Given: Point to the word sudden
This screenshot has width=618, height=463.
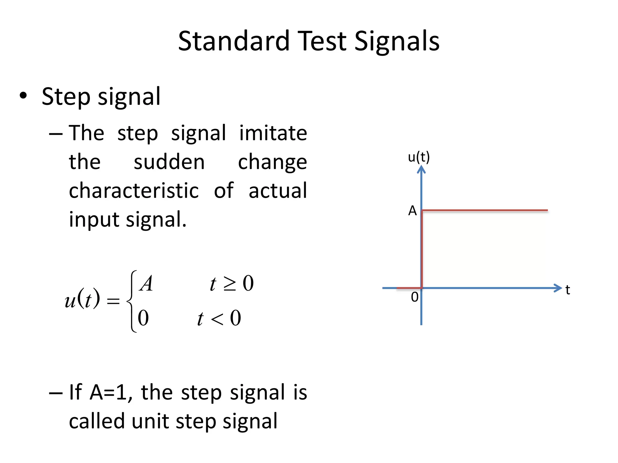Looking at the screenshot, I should click(x=169, y=162).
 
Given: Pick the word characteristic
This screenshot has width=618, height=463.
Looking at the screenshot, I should click(x=134, y=191).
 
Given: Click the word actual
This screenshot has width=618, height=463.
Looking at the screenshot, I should click(x=278, y=191).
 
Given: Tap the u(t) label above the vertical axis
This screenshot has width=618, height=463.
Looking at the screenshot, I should click(x=419, y=157).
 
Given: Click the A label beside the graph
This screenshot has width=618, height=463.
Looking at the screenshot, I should click(x=412, y=211).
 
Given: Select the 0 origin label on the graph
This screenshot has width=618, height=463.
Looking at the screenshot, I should click(x=415, y=297).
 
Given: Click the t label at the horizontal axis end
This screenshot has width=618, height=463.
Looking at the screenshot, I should click(x=568, y=290).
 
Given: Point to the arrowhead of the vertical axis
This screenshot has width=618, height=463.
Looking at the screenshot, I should click(x=421, y=169).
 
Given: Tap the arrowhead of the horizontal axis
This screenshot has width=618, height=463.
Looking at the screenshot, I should click(x=558, y=288).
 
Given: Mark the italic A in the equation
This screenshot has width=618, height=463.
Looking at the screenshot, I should click(x=146, y=284).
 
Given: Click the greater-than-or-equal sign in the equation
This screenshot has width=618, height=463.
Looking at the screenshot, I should click(x=230, y=284).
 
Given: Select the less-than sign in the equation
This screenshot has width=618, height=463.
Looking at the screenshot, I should click(x=217, y=319).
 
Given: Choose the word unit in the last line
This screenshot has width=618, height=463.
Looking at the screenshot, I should click(x=150, y=421).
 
